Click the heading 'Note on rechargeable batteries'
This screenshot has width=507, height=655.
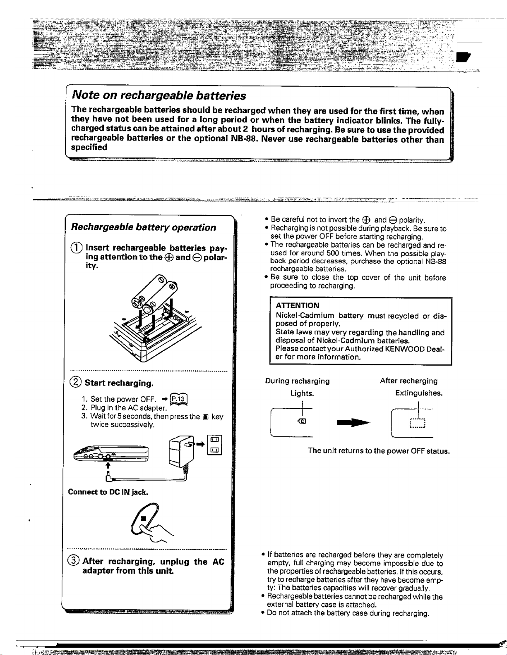point(159,95)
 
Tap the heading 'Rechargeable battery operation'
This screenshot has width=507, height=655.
point(143,227)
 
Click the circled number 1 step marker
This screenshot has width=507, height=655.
point(76,248)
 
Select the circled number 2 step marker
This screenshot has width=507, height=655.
point(76,383)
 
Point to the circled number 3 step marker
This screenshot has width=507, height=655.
point(74,561)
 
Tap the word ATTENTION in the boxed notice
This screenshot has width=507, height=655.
point(297,306)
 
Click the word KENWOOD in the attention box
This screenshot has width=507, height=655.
point(405,349)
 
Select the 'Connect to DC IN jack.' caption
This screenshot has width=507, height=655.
point(108,492)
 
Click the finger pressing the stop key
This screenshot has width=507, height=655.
point(149,524)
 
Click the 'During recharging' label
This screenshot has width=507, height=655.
point(298,381)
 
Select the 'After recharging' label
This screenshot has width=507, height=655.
point(408,381)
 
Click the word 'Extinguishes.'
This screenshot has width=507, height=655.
point(419,393)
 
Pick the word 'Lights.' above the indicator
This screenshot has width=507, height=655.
point(302,393)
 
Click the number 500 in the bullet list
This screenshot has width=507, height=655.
point(333,253)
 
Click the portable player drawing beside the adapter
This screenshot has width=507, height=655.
point(111,453)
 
